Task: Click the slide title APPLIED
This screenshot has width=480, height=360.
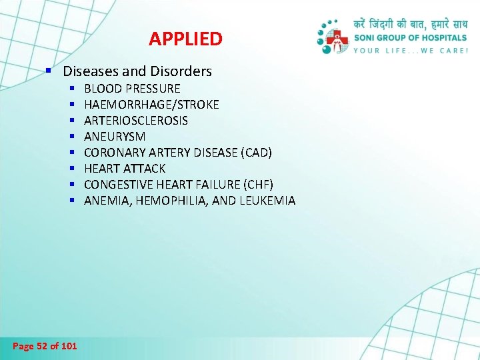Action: click(185, 39)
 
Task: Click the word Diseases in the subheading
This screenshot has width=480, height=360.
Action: click(89, 71)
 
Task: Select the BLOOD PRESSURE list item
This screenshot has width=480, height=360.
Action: click(132, 89)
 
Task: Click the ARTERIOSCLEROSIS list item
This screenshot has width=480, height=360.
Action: click(136, 121)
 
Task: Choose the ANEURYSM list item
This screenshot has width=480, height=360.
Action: click(115, 137)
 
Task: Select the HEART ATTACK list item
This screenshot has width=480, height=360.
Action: click(125, 169)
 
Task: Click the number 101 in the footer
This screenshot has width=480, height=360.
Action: click(69, 346)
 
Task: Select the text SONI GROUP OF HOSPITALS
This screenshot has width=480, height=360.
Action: click(410, 38)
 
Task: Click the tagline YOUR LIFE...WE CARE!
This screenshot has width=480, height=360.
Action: click(410, 50)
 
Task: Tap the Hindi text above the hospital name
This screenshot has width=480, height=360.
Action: click(410, 25)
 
